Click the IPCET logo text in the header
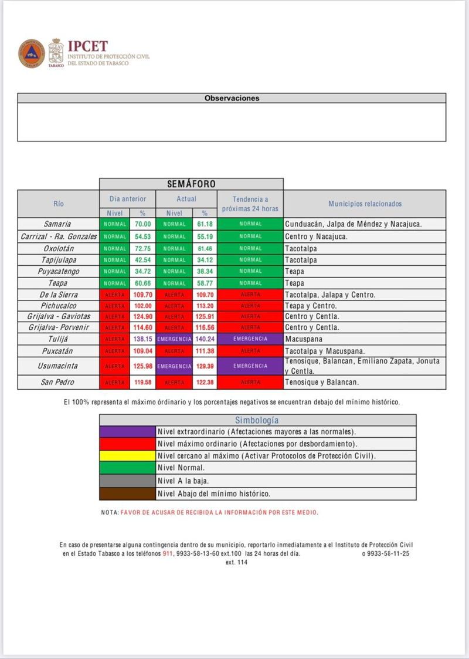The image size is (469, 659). [88, 46]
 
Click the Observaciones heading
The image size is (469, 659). [232, 98]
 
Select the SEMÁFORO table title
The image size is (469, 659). [191, 184]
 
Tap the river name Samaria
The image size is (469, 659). [57, 224]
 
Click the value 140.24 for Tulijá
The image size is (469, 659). [205, 339]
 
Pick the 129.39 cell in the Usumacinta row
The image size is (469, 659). [205, 366]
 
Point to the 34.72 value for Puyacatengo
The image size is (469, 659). [142, 272]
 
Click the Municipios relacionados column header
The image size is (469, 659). [365, 204]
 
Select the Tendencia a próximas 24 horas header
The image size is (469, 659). [250, 204]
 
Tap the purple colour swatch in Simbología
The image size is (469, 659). [127, 431]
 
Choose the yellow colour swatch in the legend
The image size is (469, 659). [127, 455]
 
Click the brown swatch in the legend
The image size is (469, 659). [127, 494]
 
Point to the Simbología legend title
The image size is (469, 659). [257, 420]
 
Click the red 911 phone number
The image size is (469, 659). [168, 553]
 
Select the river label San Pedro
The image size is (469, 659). [57, 383]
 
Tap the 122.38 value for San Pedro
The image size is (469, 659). [205, 383]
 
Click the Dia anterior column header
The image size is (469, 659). [127, 199]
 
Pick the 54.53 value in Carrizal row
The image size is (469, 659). [142, 236]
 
